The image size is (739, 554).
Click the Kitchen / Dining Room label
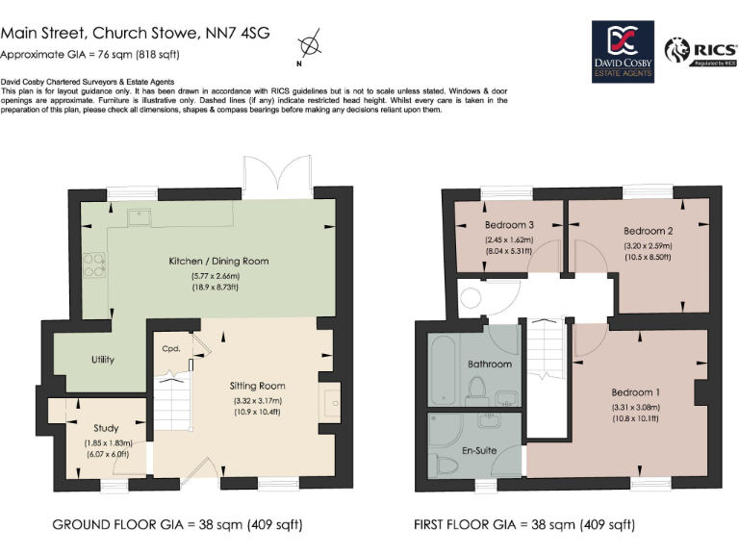[218, 261]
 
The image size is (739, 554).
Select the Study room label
[106, 428]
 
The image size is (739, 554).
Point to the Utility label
[103, 360]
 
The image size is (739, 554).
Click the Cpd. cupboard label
[171, 348]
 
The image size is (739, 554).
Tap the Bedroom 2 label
[648, 231]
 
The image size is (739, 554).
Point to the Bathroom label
[490, 365]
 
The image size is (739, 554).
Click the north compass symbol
[309, 46]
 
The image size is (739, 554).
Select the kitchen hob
[93, 264]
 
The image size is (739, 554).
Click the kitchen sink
[140, 215]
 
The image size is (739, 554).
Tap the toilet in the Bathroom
[476, 389]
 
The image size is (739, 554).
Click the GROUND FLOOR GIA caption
[177, 525]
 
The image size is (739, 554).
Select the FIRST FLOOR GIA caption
[523, 525]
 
